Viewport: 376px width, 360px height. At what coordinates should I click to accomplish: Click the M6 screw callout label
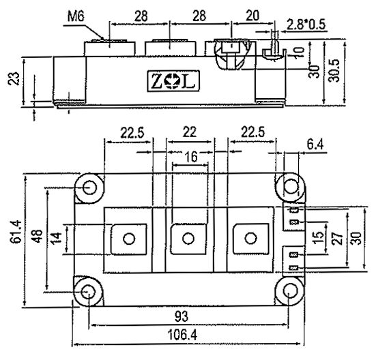click(x=76, y=17)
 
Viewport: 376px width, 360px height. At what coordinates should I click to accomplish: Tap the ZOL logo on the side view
click(x=173, y=81)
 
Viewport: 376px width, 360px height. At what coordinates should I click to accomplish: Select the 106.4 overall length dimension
click(x=182, y=335)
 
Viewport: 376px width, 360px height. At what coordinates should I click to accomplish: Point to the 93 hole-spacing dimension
click(x=182, y=316)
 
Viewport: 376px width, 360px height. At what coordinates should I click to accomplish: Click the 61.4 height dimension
click(x=16, y=232)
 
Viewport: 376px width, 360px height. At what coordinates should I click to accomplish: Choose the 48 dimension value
click(x=38, y=237)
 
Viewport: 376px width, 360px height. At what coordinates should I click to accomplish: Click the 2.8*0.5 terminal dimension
click(x=306, y=25)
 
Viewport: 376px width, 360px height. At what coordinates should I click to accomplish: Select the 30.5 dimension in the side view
click(x=334, y=71)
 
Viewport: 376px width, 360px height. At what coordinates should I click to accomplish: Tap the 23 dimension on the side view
click(x=14, y=78)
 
